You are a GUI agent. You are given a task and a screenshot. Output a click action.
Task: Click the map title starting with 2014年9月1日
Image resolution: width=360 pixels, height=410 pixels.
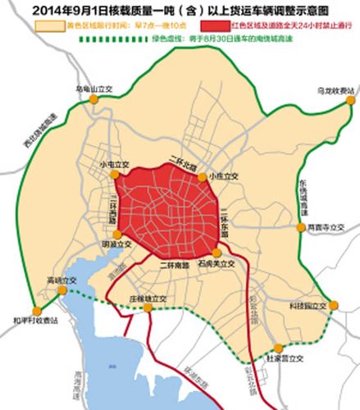(180, 10)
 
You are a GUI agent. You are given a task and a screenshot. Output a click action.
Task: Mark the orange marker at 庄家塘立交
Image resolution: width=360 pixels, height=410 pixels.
(140, 310)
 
